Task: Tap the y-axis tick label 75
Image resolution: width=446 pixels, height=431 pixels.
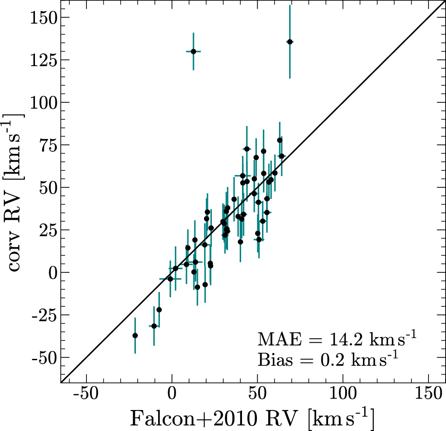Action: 46,145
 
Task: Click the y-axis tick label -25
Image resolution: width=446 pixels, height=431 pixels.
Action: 43,315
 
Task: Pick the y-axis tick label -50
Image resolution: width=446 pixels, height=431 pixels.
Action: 43,358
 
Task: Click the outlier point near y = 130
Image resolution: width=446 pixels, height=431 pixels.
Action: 194,52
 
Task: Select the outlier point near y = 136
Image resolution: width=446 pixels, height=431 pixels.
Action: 290,42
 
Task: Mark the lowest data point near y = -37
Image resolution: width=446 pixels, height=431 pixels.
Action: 135,335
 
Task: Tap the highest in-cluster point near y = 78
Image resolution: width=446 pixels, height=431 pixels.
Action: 280,140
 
